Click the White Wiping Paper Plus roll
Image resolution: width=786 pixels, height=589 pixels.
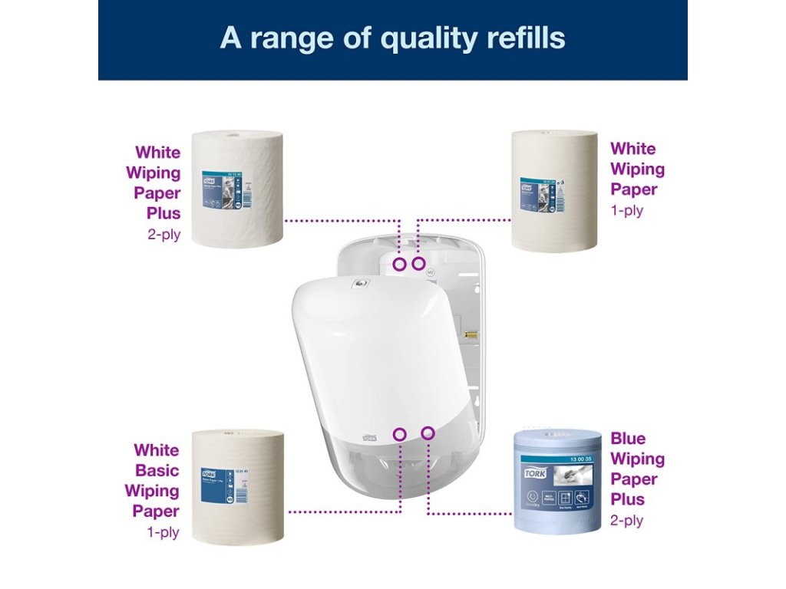click(236, 189)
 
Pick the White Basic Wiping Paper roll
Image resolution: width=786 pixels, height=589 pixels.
click(236, 487)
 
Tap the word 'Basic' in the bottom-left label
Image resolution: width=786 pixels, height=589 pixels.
click(157, 470)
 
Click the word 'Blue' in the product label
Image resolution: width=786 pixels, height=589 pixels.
click(628, 439)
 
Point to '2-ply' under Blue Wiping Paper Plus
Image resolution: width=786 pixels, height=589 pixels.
click(626, 521)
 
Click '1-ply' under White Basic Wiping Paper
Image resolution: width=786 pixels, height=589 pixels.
click(163, 531)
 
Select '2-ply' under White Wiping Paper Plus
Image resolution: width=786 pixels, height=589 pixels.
click(163, 234)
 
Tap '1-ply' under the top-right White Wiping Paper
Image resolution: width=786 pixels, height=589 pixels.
click(626, 210)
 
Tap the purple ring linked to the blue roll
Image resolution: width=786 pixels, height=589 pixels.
click(428, 433)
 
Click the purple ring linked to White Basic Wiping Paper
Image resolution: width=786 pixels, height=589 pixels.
click(399, 434)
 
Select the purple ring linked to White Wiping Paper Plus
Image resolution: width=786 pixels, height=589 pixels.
click(399, 264)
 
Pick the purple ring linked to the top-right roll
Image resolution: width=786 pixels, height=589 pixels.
click(418, 264)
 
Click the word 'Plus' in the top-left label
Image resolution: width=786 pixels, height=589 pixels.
click(163, 213)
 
